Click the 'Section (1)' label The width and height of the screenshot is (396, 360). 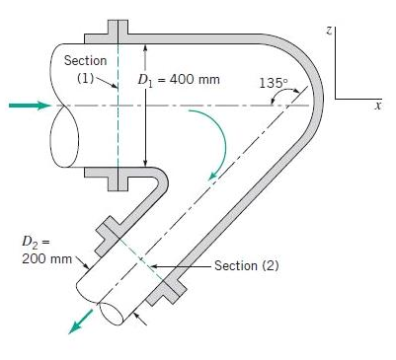point(85,69)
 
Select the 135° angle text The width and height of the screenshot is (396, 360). point(273,82)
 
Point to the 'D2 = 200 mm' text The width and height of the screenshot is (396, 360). point(46,250)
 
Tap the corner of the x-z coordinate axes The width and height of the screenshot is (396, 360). point(336,98)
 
